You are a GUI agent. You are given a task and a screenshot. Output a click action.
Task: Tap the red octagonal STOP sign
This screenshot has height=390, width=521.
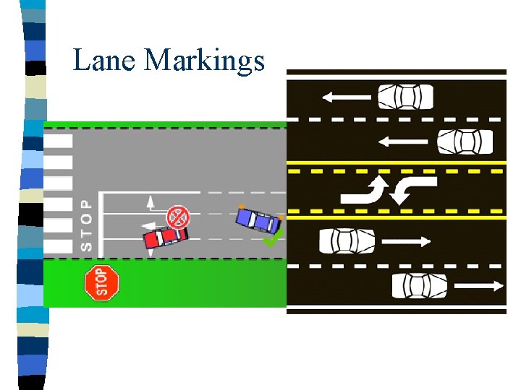click(101, 282)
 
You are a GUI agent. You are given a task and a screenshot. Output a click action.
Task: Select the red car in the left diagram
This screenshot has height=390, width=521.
click(165, 236)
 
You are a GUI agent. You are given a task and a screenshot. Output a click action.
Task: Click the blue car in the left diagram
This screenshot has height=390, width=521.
click(258, 219)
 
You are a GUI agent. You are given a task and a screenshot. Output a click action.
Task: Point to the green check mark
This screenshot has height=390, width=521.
click(273, 238)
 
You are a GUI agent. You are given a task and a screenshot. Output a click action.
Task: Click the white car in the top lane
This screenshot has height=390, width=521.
click(405, 96)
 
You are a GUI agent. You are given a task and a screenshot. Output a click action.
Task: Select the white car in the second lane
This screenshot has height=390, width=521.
click(465, 142)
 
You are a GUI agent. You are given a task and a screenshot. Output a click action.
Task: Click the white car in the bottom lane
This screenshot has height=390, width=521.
click(420, 286)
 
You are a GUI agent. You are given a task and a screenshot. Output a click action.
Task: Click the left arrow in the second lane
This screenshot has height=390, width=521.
click(404, 142)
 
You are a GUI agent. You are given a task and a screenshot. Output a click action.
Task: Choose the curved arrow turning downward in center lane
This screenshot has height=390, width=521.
click(412, 189)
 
